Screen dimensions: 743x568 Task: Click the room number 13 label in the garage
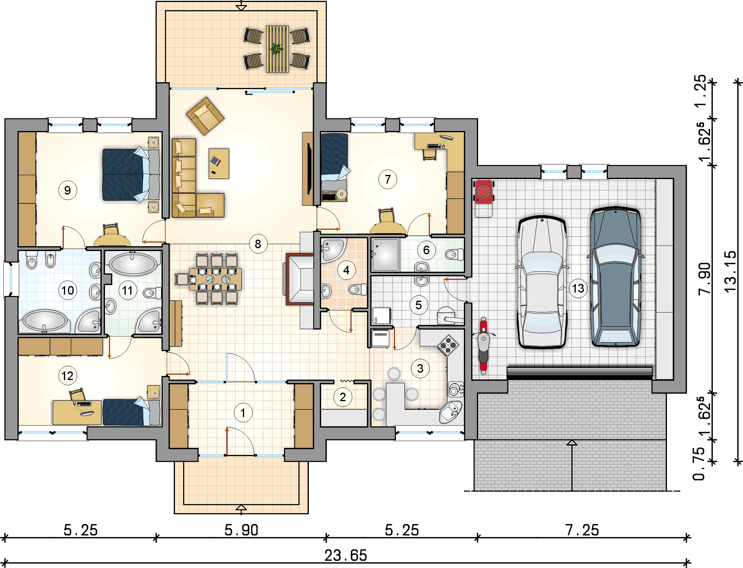pyautogui.click(x=578, y=288)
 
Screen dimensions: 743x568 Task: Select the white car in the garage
pyautogui.click(x=542, y=282)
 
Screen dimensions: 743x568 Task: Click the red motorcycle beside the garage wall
pyautogui.click(x=483, y=345)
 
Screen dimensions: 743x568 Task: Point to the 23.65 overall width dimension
pyautogui.click(x=345, y=555)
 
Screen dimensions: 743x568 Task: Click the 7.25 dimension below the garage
pyautogui.click(x=582, y=530)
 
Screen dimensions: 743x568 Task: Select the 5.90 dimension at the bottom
pyautogui.click(x=241, y=530)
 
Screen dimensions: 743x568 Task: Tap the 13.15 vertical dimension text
pyautogui.click(x=731, y=271)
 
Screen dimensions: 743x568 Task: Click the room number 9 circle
pyautogui.click(x=68, y=190)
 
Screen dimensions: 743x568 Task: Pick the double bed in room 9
pyautogui.click(x=131, y=175)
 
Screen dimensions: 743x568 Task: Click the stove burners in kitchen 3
pyautogui.click(x=448, y=345)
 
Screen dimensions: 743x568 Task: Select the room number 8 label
pyautogui.click(x=258, y=244)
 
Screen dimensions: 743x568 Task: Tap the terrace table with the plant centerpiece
pyautogui.click(x=278, y=49)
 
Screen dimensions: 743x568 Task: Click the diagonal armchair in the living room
pyautogui.click(x=205, y=116)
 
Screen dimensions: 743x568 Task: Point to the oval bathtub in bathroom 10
pyautogui.click(x=44, y=321)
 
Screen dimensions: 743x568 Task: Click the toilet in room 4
pyautogui.click(x=357, y=289)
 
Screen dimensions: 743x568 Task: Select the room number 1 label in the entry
pyautogui.click(x=243, y=413)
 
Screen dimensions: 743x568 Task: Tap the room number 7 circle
pyautogui.click(x=388, y=179)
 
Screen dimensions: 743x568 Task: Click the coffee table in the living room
pyautogui.click(x=219, y=164)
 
